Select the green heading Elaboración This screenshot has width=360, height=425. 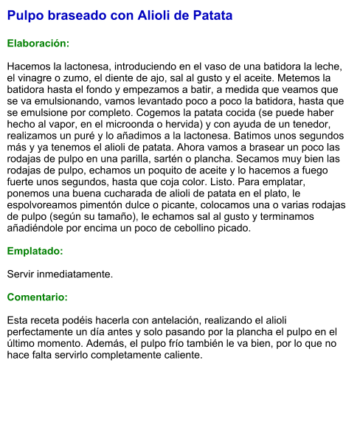pyautogui.click(x=38, y=44)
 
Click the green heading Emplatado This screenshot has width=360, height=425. pyautogui.click(x=35, y=251)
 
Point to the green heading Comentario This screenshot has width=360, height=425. pyautogui.click(x=37, y=297)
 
